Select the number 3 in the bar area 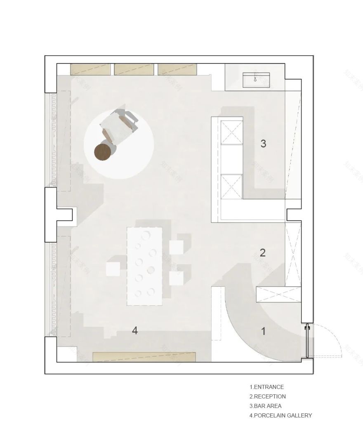pos(263,144)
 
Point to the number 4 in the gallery pos(134,330)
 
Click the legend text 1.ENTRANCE pos(266,387)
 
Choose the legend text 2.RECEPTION pos(267,396)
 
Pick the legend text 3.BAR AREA pos(265,406)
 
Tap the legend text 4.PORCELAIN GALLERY pos(280,415)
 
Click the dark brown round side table pos(103,152)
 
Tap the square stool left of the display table pos(113,269)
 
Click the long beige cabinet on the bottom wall pos(144,357)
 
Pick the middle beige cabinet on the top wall pos(134,69)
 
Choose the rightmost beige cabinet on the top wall pos(177,69)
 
